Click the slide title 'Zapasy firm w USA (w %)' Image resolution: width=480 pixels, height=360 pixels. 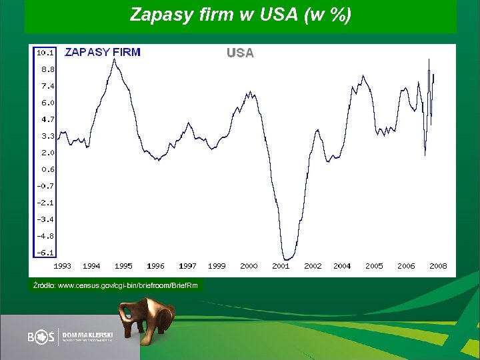coord(240,15)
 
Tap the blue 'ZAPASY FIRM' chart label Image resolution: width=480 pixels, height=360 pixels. coord(102,52)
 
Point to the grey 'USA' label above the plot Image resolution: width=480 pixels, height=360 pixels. coord(240,53)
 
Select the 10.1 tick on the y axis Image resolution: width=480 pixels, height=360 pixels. coord(45,52)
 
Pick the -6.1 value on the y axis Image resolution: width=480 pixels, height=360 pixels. coord(46,253)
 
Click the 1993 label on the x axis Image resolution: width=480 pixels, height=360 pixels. coord(62,266)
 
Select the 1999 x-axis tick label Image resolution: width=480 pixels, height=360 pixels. coord(217,266)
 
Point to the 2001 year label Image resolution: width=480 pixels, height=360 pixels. coord(281,266)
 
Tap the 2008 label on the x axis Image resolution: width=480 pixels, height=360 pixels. coord(438,266)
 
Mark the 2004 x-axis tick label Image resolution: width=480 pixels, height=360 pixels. coord(342,266)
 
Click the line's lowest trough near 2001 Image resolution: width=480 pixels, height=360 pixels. coord(287,259)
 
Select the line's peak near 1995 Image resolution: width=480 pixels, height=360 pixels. coord(114,59)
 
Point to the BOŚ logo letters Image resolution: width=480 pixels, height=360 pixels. coord(41,337)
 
